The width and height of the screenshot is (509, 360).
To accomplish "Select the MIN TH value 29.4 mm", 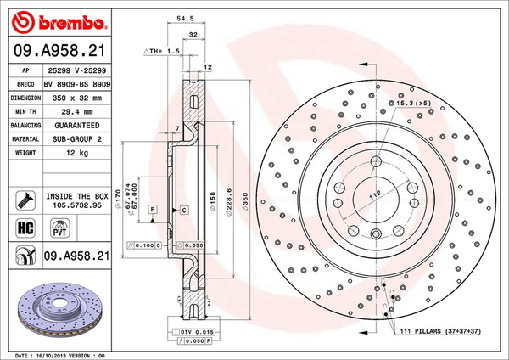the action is [77, 112].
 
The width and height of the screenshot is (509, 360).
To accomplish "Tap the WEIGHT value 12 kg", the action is [77, 153].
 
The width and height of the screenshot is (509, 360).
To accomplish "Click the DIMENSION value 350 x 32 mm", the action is [77, 98].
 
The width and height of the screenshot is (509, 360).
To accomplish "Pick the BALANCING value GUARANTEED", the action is [77, 126].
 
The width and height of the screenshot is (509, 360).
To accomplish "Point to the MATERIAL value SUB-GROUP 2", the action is [77, 139].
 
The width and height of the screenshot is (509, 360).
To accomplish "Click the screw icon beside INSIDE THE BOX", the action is [25, 200].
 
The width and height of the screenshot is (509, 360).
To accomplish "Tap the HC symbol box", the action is [25, 228].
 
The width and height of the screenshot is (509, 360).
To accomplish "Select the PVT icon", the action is [59, 228].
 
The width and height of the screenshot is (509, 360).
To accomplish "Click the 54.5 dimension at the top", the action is [185, 19].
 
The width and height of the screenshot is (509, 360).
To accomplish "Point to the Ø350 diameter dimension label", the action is [245, 202].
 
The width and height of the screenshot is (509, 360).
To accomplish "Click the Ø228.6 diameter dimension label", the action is [229, 202].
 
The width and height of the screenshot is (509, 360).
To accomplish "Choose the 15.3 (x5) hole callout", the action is [410, 103].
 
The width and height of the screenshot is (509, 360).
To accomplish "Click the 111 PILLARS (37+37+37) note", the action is [440, 331].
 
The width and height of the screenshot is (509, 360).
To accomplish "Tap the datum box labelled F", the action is [153, 209].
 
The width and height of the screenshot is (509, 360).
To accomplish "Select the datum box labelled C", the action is [184, 210].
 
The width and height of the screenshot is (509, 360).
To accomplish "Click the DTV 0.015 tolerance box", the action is [193, 332].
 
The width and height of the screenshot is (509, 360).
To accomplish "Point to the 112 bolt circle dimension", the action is [375, 195].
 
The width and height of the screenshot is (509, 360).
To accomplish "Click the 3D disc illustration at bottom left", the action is [59, 310].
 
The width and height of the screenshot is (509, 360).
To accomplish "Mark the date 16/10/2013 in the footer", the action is [48, 356].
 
